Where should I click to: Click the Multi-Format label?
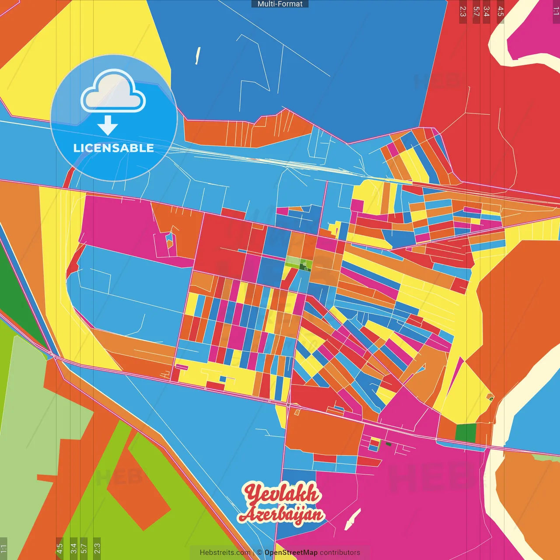tap(280, 4)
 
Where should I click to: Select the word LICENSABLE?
tap(114, 148)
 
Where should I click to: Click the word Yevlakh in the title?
tap(282, 494)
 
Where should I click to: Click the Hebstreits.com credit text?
tap(225, 553)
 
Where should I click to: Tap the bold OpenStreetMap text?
tap(290, 553)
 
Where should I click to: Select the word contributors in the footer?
tap(340, 553)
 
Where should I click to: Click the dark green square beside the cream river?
tap(465, 432)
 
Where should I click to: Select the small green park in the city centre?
tap(298, 263)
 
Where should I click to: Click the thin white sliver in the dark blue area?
tap(198, 55)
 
